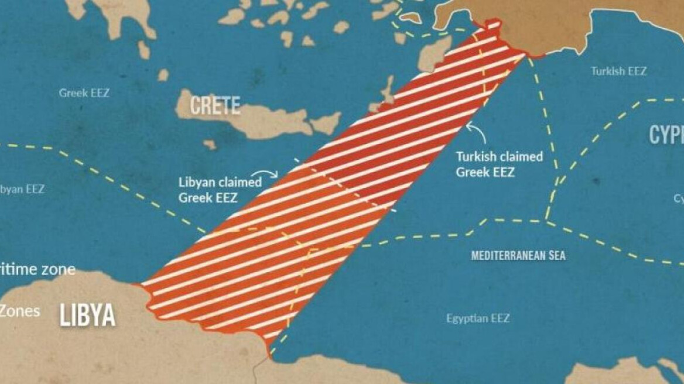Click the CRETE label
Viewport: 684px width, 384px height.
(216, 105)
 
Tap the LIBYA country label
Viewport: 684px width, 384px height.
(87, 316)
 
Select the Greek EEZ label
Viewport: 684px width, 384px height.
(84, 92)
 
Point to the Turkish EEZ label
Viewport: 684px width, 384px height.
(618, 71)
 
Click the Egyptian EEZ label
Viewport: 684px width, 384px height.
(478, 318)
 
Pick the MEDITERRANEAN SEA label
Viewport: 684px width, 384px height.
(518, 255)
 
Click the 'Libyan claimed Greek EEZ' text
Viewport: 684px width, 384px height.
(220, 190)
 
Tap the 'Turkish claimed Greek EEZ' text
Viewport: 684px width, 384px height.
(500, 164)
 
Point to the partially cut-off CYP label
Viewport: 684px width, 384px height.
(666, 135)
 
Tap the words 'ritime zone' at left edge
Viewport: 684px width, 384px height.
(37, 269)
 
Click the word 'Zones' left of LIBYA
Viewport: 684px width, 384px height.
(20, 310)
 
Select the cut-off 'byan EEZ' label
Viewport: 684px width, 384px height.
(22, 190)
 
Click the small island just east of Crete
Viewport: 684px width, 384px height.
(326, 123)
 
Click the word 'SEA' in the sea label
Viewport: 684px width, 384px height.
(557, 255)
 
